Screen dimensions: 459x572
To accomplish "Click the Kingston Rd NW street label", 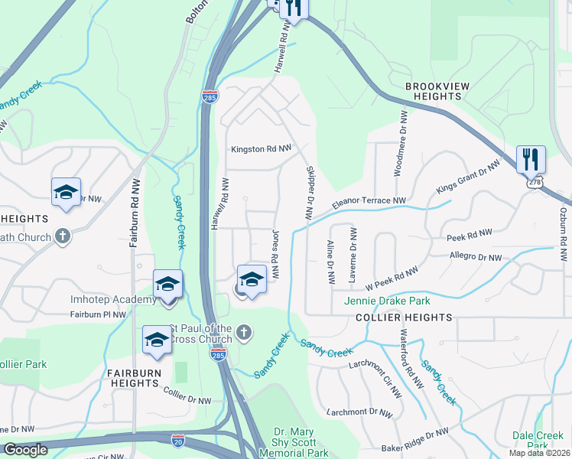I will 262,149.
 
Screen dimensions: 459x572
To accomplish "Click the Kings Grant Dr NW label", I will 468,176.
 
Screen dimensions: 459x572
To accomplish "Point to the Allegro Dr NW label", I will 476,257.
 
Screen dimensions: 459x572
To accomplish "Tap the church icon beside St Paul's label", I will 243,332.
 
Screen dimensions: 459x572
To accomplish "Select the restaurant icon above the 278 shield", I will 531,160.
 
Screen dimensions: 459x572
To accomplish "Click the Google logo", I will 25,450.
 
